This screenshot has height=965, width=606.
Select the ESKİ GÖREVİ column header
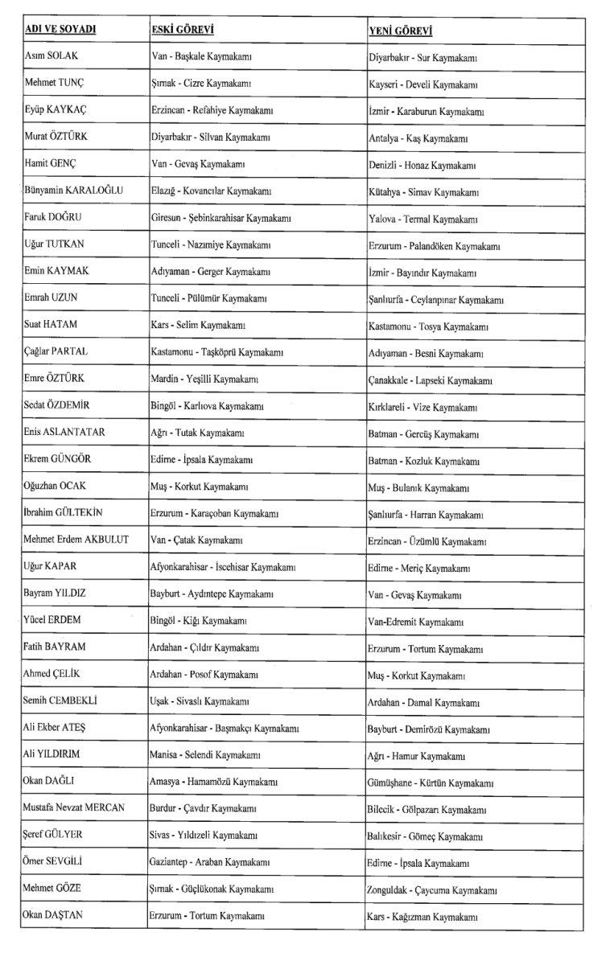(182, 30)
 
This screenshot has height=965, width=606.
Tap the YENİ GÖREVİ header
(400, 31)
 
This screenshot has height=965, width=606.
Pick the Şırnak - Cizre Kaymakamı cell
(201, 84)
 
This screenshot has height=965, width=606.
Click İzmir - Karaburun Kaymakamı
(426, 110)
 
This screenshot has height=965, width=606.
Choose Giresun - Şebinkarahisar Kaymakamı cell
(221, 218)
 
